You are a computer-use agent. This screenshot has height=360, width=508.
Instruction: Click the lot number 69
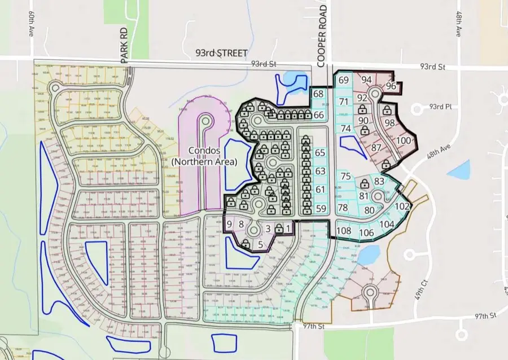coord(344,81)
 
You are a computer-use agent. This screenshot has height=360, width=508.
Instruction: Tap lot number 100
coord(403,141)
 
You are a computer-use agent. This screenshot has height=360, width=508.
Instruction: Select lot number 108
coord(344,230)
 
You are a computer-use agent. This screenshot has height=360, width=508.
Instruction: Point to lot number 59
coord(321,209)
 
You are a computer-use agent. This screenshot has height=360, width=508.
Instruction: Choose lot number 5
coord(260,244)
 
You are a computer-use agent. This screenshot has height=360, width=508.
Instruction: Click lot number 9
coord(230,225)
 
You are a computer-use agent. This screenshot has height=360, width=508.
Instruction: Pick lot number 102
coord(402,207)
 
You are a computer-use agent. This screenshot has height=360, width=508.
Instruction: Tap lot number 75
coord(346,176)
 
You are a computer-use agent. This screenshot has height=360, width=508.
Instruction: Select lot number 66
coord(319,115)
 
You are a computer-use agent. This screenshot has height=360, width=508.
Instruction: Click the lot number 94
coord(366,80)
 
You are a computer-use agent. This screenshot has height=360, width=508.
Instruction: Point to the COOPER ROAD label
coord(322,33)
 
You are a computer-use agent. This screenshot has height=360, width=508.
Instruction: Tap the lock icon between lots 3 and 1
coord(279,229)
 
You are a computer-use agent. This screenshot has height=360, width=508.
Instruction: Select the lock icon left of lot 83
coord(365,184)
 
